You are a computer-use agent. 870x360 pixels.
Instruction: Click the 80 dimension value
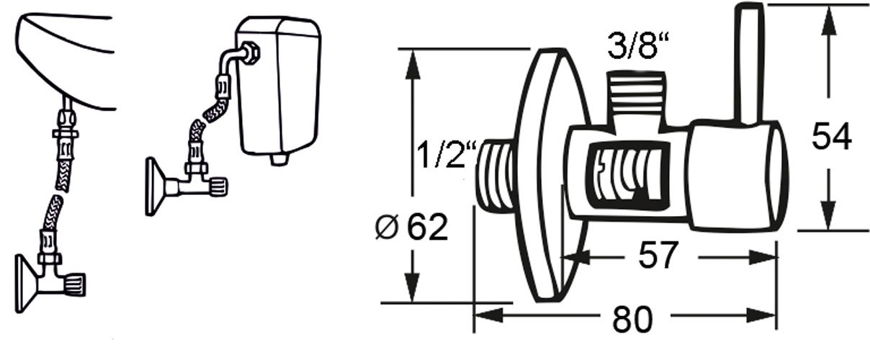point(632,318)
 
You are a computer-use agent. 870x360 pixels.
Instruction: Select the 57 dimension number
point(658,255)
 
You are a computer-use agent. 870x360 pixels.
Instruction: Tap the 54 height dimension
point(832,136)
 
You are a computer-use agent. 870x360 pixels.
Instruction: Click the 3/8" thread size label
point(638,45)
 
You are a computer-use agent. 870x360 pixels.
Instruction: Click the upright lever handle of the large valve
point(749,64)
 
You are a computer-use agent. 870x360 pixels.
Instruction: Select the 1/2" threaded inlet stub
point(496,176)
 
